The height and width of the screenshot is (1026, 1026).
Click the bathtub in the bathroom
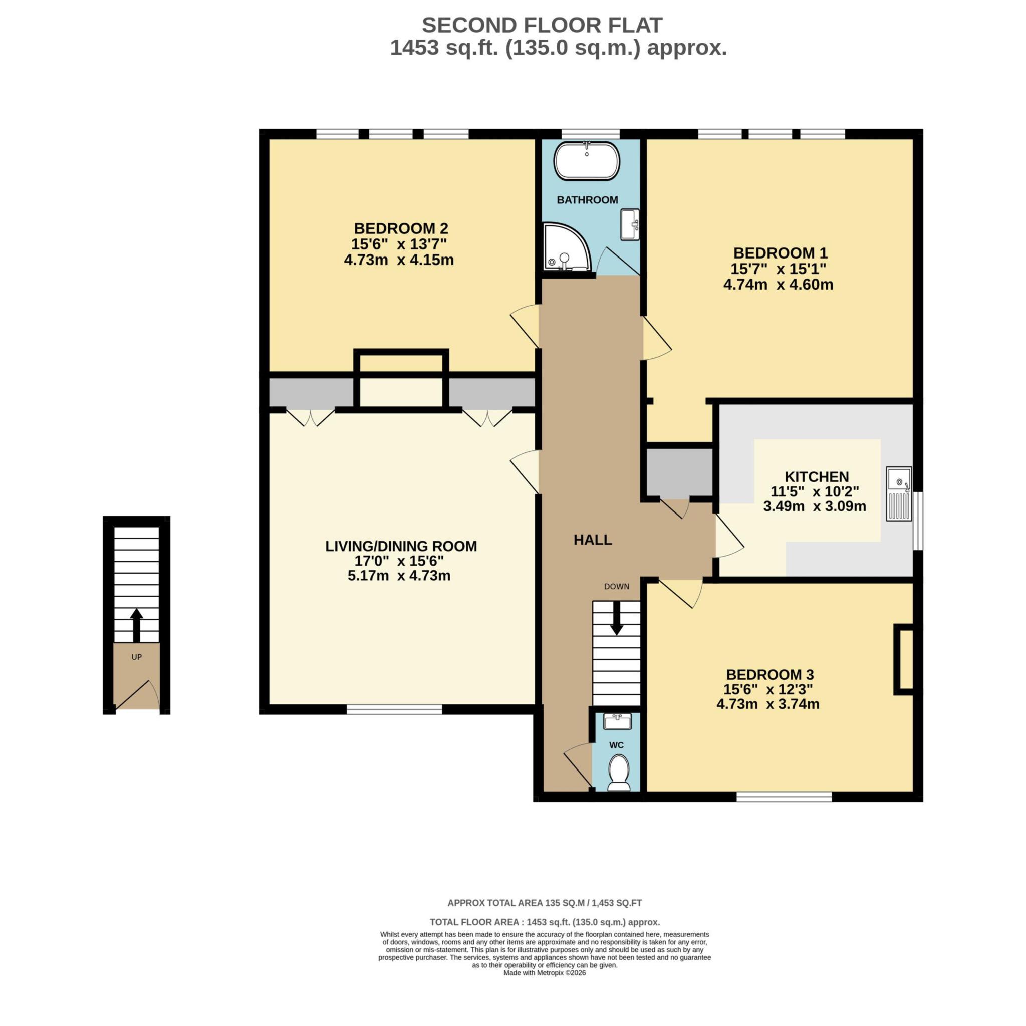(586, 161)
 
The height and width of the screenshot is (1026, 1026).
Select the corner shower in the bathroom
(564, 248)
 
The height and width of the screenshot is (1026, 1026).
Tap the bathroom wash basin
(630, 224)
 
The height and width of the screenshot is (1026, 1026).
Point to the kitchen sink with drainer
(899, 493)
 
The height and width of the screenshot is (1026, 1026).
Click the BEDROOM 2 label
(401, 228)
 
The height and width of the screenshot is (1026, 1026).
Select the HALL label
(593, 540)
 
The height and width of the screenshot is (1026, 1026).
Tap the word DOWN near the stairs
(616, 586)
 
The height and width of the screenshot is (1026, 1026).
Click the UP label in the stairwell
(136, 657)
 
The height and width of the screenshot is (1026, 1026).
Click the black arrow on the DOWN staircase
(616, 619)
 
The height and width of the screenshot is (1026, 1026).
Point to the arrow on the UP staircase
(136, 625)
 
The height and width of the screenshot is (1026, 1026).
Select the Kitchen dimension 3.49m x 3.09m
(814, 506)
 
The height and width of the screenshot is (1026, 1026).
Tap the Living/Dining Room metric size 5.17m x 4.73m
(399, 576)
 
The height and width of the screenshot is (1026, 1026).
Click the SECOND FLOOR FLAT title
(542, 25)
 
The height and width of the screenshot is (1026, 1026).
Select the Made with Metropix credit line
(545, 988)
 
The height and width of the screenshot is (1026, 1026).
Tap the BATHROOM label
(587, 200)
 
